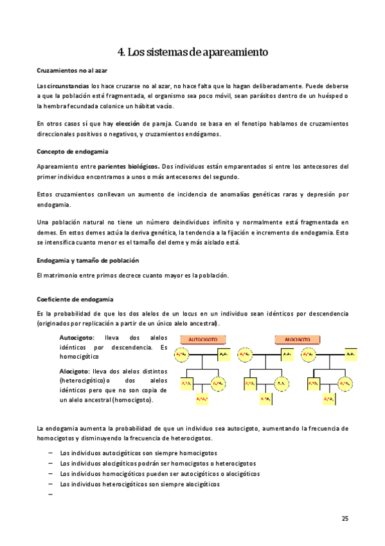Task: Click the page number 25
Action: [x=345, y=518]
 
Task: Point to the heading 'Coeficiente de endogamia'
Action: [x=75, y=299]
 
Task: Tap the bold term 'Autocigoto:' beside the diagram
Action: [x=76, y=337]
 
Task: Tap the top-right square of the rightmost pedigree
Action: [x=350, y=354]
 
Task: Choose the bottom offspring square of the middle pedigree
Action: [x=265, y=399]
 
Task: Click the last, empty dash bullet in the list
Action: [x=50, y=494]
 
